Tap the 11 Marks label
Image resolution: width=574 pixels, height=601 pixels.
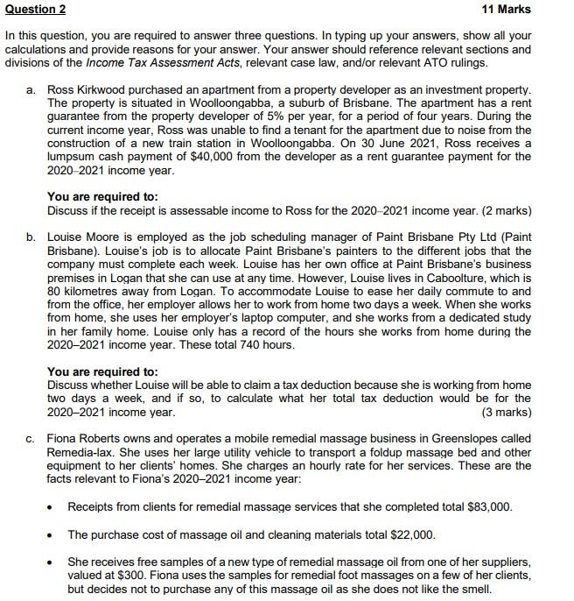(x=507, y=10)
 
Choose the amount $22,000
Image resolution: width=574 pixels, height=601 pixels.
(x=409, y=534)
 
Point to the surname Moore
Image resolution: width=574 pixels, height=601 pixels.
(x=109, y=237)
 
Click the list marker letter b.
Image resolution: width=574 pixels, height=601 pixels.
(x=31, y=237)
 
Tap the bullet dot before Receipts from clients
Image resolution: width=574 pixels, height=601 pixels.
(x=52, y=507)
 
